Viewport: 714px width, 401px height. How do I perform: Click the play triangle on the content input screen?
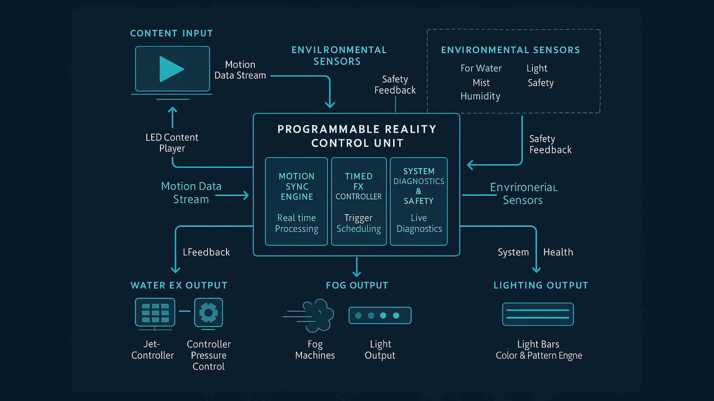[x=170, y=69]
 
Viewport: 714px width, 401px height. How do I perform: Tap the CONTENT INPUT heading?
[x=171, y=33]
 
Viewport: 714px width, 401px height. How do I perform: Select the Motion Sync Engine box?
[x=296, y=201]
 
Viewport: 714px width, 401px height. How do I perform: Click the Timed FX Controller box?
[x=358, y=201]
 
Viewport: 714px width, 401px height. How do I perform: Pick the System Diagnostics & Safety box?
[x=419, y=201]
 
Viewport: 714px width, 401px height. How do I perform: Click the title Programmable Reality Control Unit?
[x=357, y=136]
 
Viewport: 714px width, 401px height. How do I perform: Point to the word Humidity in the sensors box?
[x=480, y=96]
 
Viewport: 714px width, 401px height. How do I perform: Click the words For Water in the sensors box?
[x=481, y=68]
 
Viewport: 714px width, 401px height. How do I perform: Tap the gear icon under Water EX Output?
[x=208, y=313]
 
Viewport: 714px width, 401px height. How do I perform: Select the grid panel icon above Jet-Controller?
[x=155, y=313]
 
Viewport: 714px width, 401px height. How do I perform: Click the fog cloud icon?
[x=316, y=316]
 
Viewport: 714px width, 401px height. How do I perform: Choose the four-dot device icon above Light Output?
[x=380, y=316]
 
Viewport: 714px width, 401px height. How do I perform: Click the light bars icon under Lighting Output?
[x=538, y=314]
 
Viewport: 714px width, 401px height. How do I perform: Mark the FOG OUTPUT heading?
[x=357, y=285]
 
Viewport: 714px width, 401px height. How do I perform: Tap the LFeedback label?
[x=206, y=252]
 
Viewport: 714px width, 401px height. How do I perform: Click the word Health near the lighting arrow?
[x=558, y=252]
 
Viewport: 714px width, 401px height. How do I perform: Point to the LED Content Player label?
[x=172, y=143]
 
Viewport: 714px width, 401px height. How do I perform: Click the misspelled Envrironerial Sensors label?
[x=523, y=193]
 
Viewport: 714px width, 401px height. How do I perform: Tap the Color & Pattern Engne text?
[x=539, y=355]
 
